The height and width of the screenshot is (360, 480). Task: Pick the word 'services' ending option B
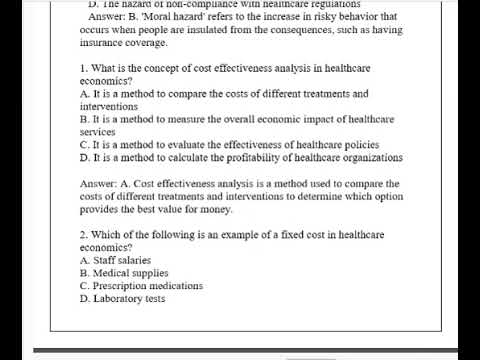point(98,131)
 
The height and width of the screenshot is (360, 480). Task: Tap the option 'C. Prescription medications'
point(140,286)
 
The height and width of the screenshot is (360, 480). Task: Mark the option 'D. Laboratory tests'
point(121,299)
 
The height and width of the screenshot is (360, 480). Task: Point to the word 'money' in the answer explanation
point(214,210)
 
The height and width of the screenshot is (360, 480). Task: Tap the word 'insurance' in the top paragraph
point(104,43)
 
